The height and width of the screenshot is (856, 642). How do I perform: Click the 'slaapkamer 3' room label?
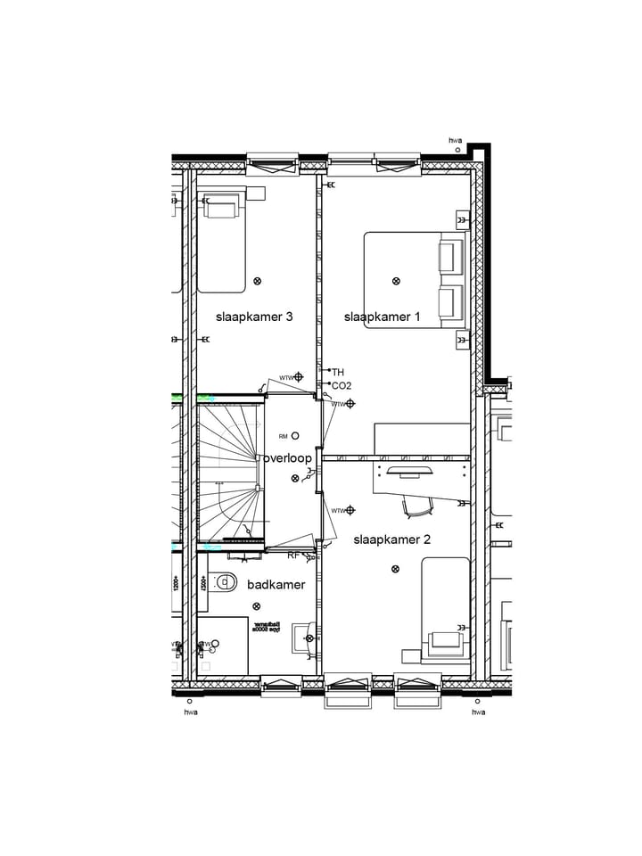[x=254, y=317]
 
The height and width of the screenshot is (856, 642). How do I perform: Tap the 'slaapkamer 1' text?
[x=382, y=317]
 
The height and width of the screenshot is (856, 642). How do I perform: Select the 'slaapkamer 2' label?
[x=392, y=539]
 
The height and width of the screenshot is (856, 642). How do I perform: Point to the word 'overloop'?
[x=287, y=458]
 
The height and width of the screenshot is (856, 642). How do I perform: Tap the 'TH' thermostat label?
[x=338, y=372]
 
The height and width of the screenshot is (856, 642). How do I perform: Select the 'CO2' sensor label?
[x=341, y=386]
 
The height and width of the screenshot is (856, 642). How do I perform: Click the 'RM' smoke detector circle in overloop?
[x=295, y=436]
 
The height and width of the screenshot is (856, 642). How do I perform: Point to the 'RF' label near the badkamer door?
[x=293, y=556]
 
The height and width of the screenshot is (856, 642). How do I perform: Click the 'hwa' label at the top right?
[x=456, y=140]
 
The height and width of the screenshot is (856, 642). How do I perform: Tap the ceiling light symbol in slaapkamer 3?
[x=258, y=281]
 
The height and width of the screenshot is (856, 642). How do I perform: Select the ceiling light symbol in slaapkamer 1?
[x=396, y=281]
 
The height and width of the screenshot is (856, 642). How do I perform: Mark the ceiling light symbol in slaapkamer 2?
[x=395, y=569]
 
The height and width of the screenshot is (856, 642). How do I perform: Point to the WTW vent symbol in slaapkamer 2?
[x=350, y=510]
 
